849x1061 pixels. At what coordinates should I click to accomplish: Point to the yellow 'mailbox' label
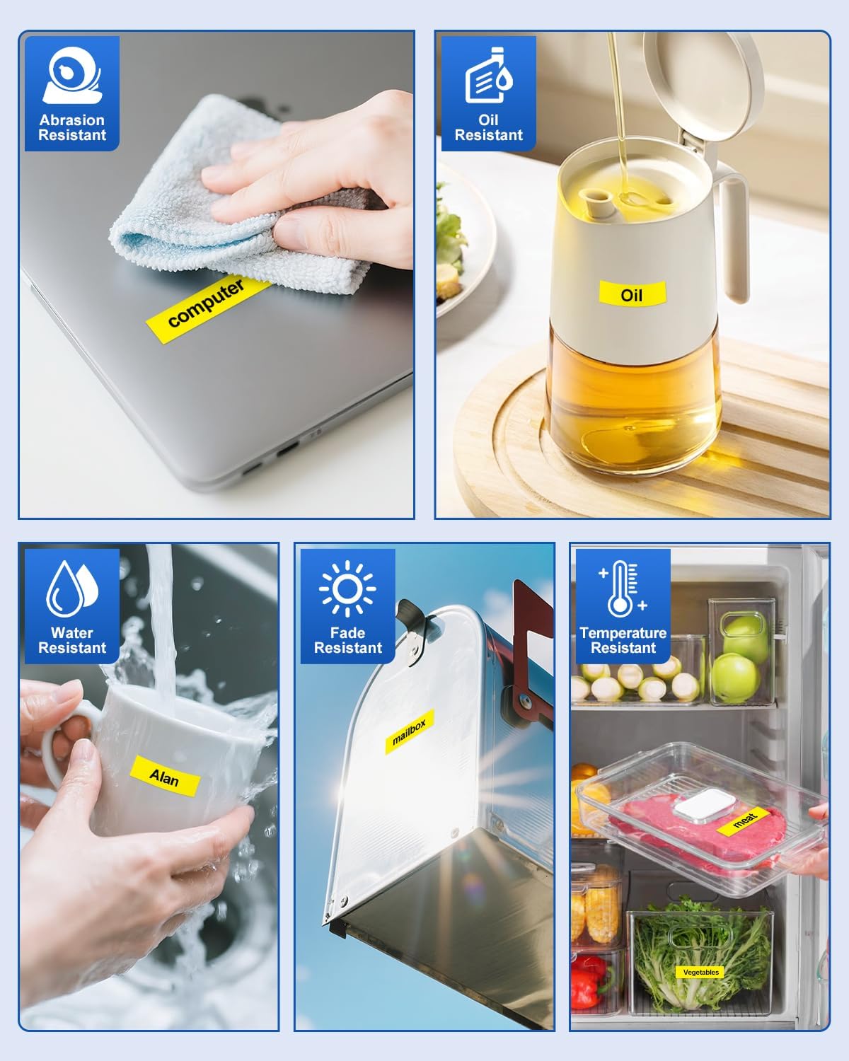click(409, 732)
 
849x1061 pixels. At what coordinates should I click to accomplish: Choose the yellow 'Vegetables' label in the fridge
click(700, 972)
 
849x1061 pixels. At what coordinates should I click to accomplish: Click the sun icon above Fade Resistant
click(347, 589)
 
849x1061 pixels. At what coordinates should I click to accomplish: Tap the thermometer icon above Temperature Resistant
click(623, 589)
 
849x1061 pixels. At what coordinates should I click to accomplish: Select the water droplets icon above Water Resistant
click(72, 589)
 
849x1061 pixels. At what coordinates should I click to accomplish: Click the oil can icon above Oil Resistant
click(488, 75)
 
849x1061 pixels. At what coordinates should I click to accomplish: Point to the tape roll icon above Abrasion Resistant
click(72, 75)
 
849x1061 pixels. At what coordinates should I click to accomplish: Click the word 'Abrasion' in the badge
click(72, 120)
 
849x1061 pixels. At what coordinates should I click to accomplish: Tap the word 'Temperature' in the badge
click(623, 633)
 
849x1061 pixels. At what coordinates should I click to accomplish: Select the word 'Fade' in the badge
click(347, 632)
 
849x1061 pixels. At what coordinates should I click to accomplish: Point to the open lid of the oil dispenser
click(703, 83)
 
